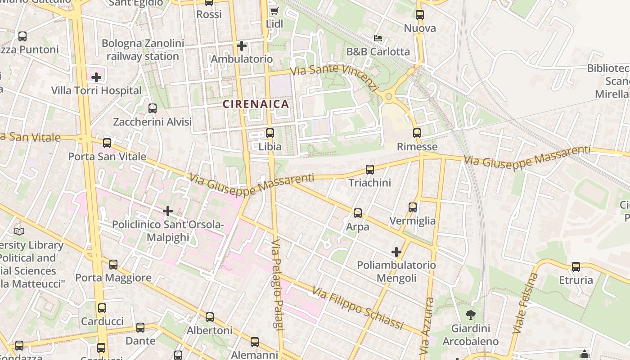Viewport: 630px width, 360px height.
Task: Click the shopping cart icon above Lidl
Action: pos(274,10)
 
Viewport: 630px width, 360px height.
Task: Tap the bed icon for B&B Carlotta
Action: pos(378,38)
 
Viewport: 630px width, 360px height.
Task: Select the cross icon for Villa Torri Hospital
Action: pos(96,77)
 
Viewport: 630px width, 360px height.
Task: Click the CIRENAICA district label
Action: pos(256,104)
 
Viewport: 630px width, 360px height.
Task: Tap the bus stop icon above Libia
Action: pos(270,133)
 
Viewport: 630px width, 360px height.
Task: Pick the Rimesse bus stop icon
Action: pos(417,133)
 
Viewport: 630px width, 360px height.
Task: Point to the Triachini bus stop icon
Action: pos(370,170)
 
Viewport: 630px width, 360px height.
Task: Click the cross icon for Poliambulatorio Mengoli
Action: pos(396,252)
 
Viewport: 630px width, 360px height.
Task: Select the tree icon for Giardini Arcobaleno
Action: pos(471,315)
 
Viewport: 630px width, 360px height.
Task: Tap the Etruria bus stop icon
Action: pos(576,267)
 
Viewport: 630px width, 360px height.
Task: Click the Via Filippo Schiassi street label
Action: pos(358,309)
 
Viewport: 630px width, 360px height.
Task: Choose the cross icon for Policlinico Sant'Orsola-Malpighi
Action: pos(168,211)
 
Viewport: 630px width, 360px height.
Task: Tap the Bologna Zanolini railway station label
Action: pos(143,50)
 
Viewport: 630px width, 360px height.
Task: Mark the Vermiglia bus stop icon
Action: pos(413,207)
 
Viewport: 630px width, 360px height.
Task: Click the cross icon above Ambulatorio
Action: pos(242,46)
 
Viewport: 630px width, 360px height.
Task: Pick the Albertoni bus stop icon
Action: pos(210,317)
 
